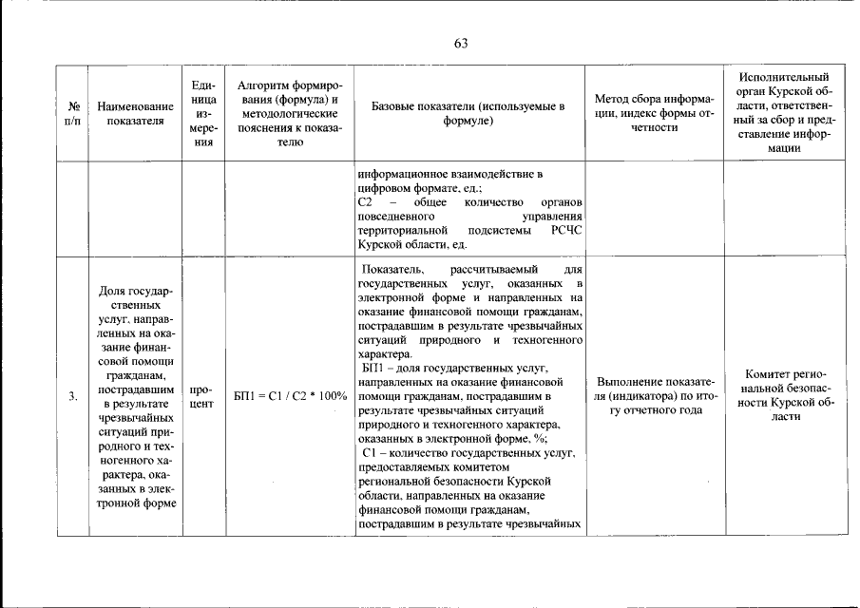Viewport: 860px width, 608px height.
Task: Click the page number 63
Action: (x=462, y=44)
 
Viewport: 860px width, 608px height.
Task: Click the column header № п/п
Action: (x=72, y=114)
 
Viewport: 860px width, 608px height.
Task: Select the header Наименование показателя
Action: (x=135, y=114)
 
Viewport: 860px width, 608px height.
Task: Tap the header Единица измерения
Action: (x=201, y=114)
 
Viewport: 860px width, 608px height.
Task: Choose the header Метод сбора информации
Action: (x=654, y=114)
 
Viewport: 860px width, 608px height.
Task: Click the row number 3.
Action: (x=72, y=397)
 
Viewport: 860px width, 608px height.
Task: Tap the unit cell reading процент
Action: (x=201, y=397)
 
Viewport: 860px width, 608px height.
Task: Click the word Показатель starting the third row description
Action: (x=393, y=271)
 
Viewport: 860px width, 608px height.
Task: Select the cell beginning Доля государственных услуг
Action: (x=135, y=397)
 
